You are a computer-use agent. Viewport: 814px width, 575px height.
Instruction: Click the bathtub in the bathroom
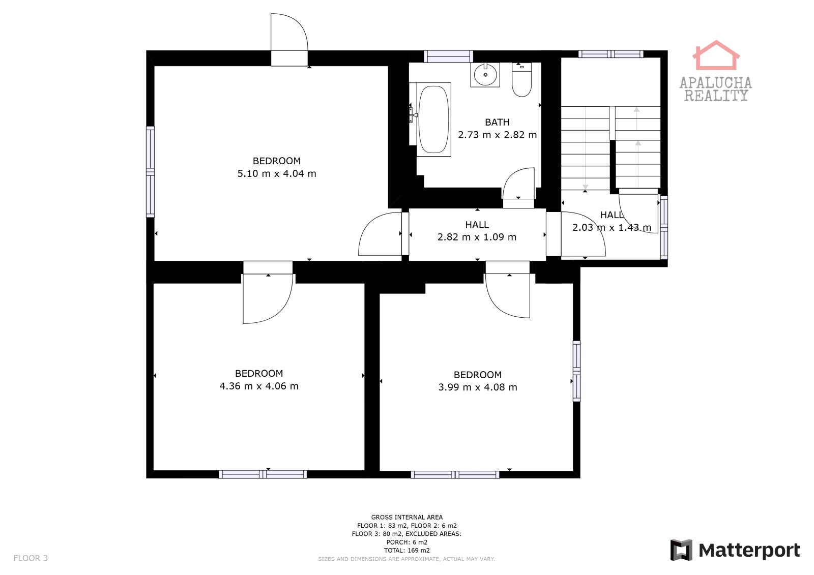[x=433, y=119]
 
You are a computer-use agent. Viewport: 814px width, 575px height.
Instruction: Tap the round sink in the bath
[x=485, y=75]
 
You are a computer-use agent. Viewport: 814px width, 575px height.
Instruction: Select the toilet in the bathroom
[x=522, y=79]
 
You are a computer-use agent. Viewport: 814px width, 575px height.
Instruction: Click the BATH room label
[x=497, y=123]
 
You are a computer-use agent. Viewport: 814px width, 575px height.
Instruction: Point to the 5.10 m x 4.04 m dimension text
[x=277, y=174]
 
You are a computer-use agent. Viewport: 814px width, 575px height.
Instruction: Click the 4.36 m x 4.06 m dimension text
[x=259, y=386]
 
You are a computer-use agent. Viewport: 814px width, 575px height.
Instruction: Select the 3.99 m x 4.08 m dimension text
[x=478, y=387]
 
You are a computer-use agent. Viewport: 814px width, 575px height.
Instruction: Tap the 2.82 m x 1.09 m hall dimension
[x=477, y=237]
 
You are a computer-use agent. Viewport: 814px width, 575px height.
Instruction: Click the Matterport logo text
[x=749, y=551]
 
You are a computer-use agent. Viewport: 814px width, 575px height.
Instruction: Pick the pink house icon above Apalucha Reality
[x=716, y=55]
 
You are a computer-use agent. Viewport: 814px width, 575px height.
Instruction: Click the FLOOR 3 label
[x=31, y=558]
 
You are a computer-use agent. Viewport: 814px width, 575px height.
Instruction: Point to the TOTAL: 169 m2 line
[x=406, y=550]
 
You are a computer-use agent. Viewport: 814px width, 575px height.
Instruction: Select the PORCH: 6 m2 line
[x=406, y=542]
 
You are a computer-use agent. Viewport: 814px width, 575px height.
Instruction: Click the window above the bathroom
[x=448, y=56]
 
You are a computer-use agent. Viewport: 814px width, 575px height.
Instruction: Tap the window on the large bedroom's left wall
[x=150, y=172]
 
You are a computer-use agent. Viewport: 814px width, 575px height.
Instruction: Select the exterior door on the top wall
[x=289, y=40]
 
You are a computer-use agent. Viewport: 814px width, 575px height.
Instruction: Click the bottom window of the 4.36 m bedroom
[x=263, y=474]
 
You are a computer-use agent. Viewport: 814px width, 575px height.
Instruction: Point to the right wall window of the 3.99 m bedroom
[x=576, y=371]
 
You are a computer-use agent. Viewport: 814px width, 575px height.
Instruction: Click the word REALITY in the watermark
[x=716, y=96]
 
